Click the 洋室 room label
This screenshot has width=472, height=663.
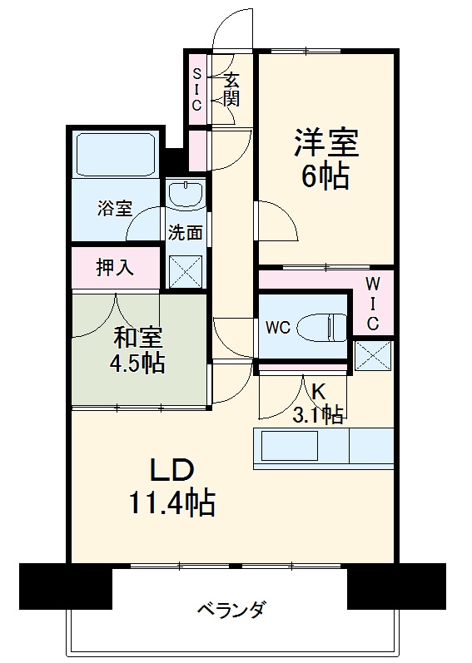point(325,143)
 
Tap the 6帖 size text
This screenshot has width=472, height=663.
point(325,176)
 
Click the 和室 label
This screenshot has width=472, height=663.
point(138,338)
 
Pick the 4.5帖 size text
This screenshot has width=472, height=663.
point(138,364)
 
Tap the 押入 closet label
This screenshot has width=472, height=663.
point(114,268)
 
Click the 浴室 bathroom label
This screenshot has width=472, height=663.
point(114,209)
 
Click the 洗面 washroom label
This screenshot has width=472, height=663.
point(185,233)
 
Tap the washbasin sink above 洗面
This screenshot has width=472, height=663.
point(186,195)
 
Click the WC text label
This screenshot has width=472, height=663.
point(277,328)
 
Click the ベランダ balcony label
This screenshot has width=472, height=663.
point(231,610)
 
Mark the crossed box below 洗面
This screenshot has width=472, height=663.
point(185,270)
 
